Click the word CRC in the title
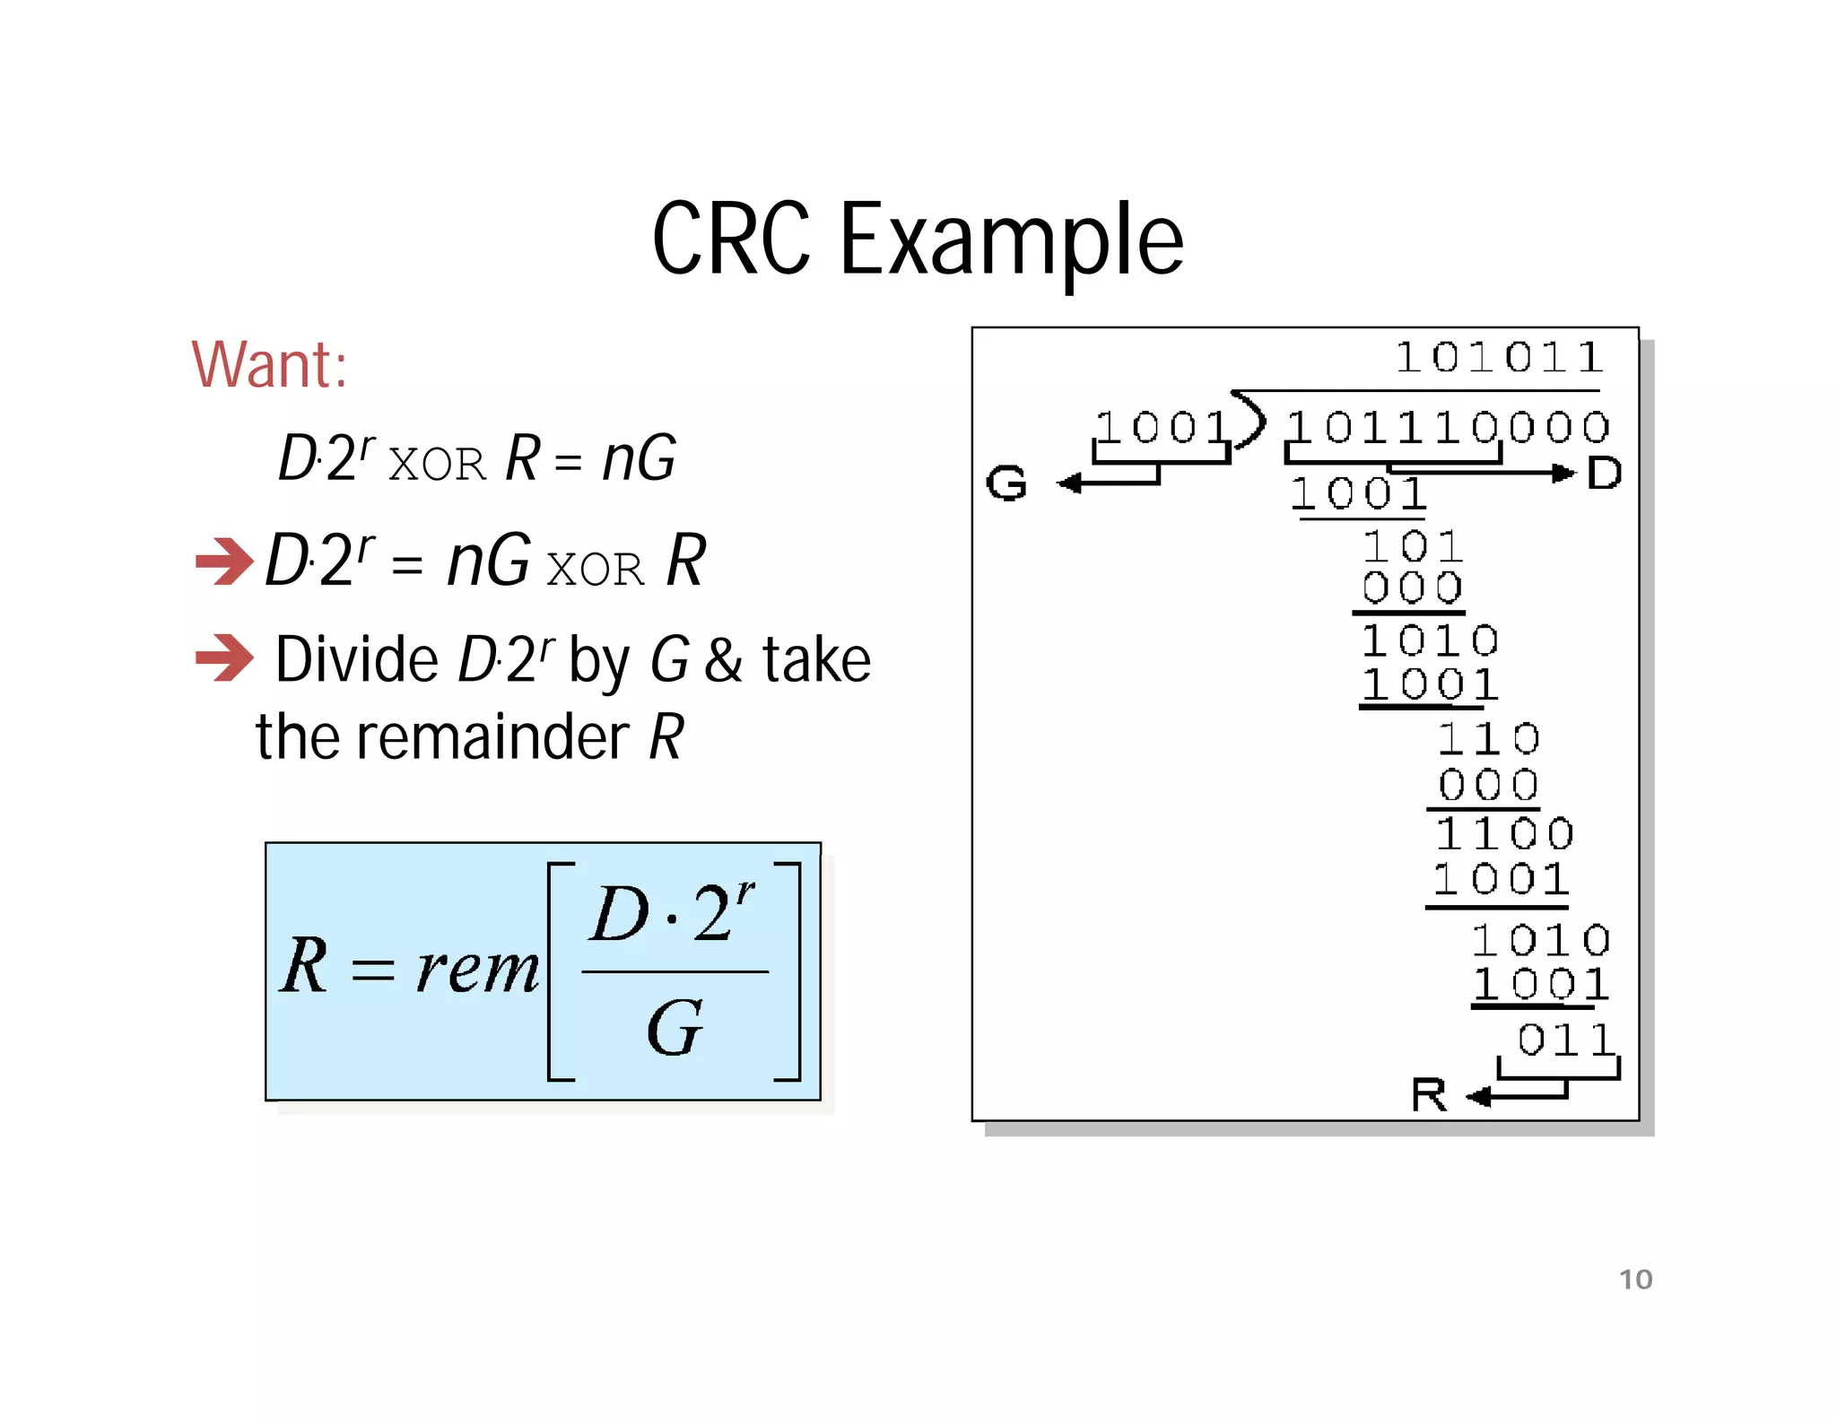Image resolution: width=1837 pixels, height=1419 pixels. (731, 239)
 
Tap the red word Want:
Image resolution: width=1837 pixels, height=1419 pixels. (269, 365)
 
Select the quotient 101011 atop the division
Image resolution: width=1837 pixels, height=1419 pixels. (1499, 358)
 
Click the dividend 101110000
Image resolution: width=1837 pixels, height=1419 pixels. (1448, 427)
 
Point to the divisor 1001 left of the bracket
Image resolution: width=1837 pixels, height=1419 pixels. (1161, 427)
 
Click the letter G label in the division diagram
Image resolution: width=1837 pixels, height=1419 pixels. (1006, 483)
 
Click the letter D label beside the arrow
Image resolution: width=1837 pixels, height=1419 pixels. (1604, 473)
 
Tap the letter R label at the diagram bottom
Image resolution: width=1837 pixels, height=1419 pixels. (1429, 1095)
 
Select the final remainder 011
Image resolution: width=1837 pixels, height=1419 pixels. (1565, 1040)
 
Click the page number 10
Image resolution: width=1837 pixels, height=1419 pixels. (1635, 1279)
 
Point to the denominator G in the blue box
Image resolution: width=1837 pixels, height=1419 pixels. (674, 1029)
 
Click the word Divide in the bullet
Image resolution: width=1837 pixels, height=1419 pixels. (356, 660)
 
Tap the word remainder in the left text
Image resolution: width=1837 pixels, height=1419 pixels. (492, 737)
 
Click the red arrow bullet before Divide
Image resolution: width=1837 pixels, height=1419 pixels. (224, 657)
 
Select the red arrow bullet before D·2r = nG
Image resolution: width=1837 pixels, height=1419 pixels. (224, 562)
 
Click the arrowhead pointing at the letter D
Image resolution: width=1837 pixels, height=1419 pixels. (1564, 473)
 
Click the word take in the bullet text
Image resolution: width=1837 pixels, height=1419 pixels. (816, 660)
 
